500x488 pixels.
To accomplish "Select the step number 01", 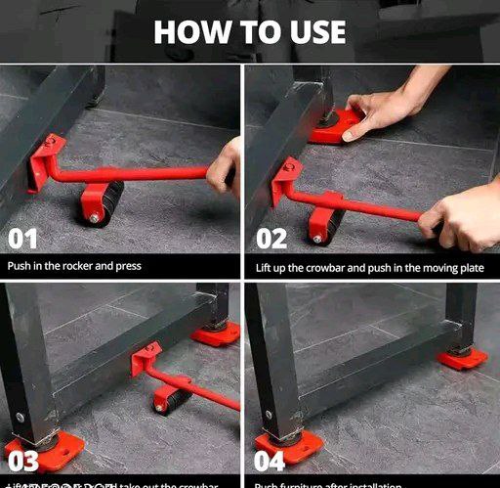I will click(x=23, y=238).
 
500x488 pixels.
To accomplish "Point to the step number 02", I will click(x=272, y=238).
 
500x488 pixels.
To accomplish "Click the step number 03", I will click(x=22, y=461).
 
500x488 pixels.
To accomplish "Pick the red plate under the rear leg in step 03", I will click(x=215, y=333).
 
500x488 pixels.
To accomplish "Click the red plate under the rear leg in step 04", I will click(x=462, y=358).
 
